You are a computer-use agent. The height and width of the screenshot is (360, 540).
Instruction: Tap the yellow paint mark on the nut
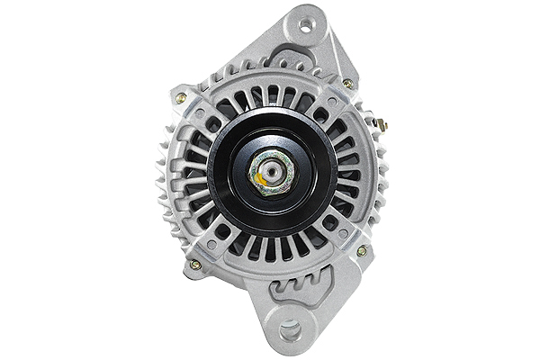(x=260, y=178)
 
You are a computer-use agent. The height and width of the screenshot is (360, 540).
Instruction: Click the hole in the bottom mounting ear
(x=290, y=331)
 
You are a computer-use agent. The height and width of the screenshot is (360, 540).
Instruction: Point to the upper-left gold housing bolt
(x=182, y=97)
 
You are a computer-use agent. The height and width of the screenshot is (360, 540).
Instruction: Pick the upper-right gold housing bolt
(x=348, y=85)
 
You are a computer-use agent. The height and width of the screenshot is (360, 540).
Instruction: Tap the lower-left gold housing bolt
(x=193, y=264)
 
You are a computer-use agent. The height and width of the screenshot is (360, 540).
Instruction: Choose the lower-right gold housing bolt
(x=362, y=251)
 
